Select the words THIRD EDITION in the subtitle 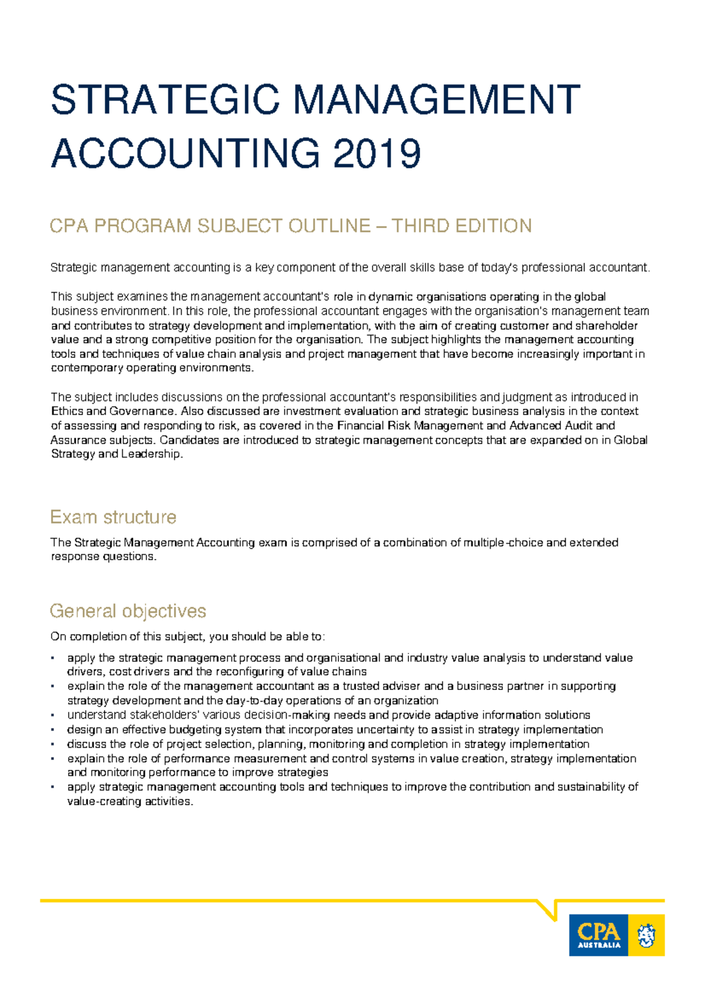click(461, 226)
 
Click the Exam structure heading click(113, 517)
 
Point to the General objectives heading click(127, 611)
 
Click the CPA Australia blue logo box click(599, 935)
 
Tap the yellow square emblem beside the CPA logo click(646, 935)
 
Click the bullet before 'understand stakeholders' click(53, 715)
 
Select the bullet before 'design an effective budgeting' click(53, 730)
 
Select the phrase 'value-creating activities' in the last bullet click(129, 802)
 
